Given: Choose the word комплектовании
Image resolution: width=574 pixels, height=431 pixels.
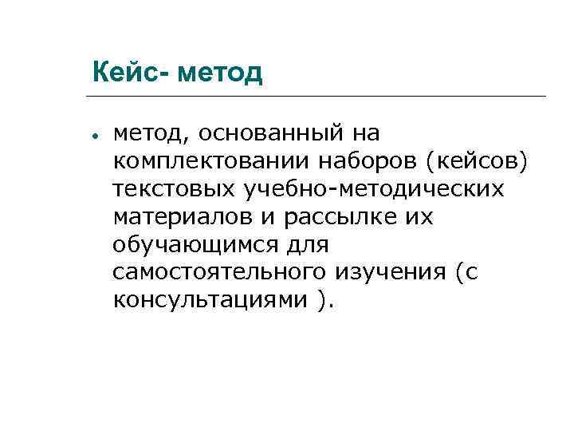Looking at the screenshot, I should tap(213, 161).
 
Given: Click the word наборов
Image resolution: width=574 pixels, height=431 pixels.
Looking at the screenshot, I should tap(369, 161).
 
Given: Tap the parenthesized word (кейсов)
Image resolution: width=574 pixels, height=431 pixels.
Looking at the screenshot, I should tap(477, 161).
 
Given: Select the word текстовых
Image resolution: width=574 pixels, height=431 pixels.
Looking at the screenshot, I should tap(171, 189).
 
